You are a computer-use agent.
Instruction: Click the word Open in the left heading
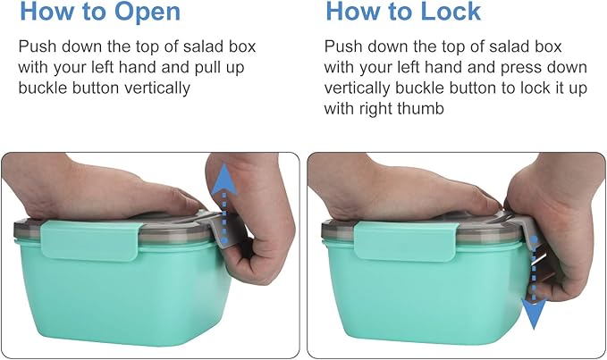pyautogui.click(x=148, y=12)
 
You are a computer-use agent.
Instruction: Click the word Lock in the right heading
pyautogui.click(x=451, y=11)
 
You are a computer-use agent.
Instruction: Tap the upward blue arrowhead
pyautogui.click(x=224, y=180)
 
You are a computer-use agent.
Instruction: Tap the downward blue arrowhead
pyautogui.click(x=534, y=314)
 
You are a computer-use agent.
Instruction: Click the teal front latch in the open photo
pyautogui.click(x=90, y=239)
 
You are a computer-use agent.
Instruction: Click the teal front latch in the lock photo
pyautogui.click(x=406, y=241)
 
